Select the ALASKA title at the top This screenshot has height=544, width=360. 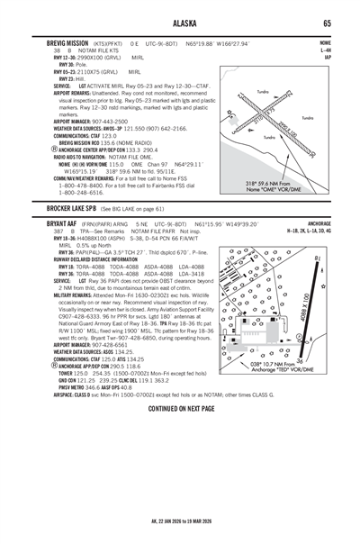pos(180,23)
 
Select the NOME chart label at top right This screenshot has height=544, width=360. pos(324,41)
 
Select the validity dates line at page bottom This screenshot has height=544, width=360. pos(180,521)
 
